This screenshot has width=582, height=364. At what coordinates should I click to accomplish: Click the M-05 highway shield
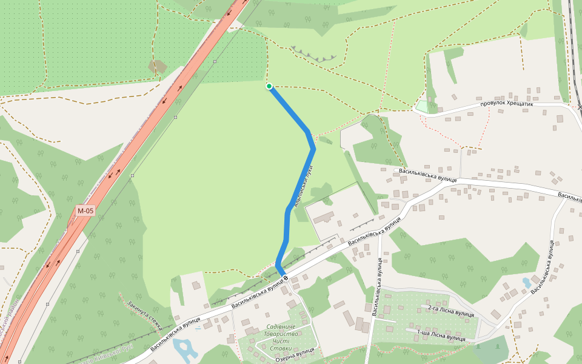[85, 211]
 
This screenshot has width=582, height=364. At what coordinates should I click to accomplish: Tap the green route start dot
[269, 86]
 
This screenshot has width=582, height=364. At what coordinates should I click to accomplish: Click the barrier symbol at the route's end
[285, 277]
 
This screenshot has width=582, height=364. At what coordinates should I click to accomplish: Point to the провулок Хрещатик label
[507, 104]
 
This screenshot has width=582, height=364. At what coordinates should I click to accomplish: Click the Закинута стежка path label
[144, 314]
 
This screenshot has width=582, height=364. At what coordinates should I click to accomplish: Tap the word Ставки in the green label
[281, 348]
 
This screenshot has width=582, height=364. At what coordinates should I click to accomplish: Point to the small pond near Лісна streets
[526, 283]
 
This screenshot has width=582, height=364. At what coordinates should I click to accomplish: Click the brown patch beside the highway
[158, 66]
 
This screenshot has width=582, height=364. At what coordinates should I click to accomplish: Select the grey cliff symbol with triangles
[313, 54]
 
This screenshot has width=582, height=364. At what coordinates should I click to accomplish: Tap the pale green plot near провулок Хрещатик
[421, 106]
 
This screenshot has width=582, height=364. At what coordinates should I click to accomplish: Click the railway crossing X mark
[580, 107]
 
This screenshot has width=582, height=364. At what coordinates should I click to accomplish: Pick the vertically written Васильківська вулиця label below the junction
[376, 287]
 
